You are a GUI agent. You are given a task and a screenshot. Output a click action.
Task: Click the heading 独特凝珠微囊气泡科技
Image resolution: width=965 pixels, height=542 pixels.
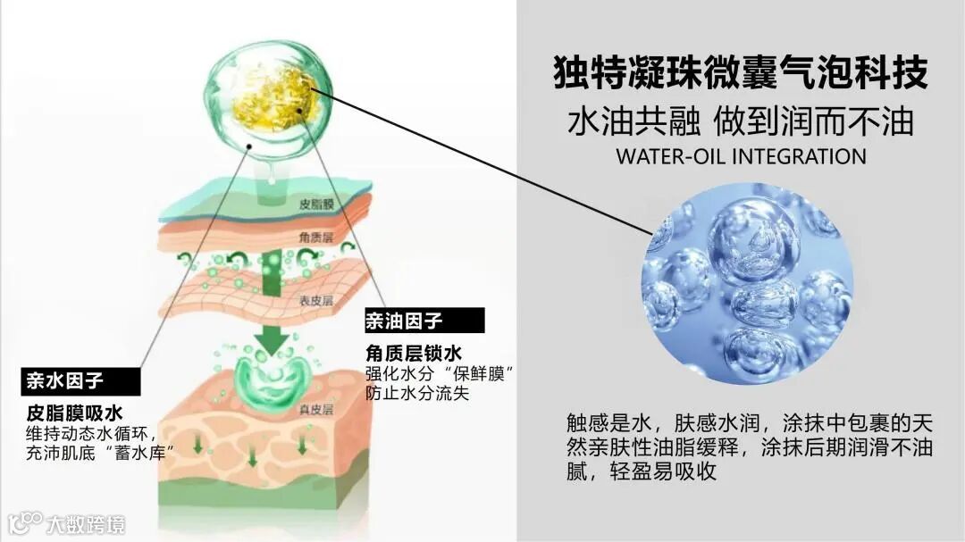point(741,72)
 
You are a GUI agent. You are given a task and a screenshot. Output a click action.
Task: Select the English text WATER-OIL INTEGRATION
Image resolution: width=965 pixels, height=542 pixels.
point(741,156)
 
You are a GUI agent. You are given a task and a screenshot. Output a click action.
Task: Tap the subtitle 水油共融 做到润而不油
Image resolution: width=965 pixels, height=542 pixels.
point(741,121)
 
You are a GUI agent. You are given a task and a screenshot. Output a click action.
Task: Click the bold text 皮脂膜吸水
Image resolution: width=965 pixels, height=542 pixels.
point(74,413)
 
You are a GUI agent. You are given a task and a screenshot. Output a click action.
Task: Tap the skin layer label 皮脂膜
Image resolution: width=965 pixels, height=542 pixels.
point(317,204)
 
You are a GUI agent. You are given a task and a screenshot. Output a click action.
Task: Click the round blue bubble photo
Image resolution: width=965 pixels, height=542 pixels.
point(747,283)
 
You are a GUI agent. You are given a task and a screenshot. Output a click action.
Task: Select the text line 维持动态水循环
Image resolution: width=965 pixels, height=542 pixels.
point(87,433)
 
